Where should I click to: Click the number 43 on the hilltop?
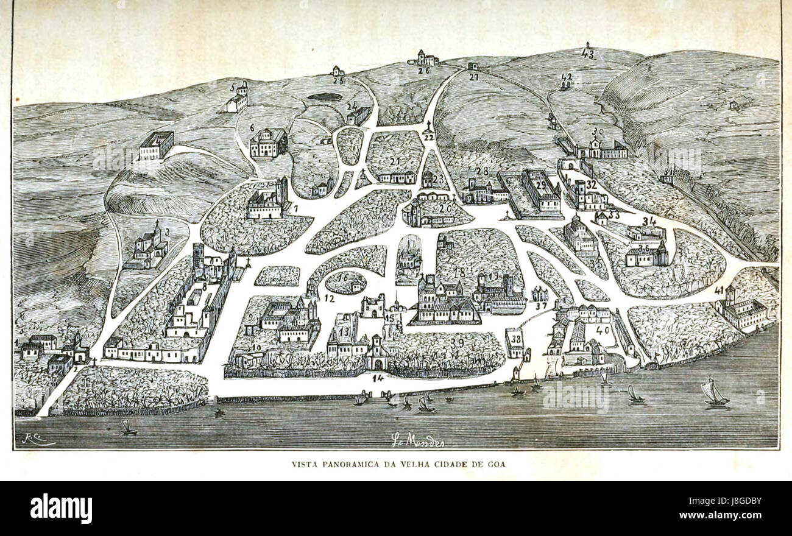click(587, 54)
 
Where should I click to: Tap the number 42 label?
click(566, 77)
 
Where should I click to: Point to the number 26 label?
click(424, 71)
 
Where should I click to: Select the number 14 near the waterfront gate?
click(378, 378)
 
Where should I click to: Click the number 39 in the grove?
click(457, 344)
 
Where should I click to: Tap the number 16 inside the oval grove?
click(343, 277)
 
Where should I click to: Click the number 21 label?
click(396, 161)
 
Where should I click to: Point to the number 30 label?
click(598, 132)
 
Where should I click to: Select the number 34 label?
click(649, 221)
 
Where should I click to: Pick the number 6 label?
click(252, 128)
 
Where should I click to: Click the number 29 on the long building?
click(542, 185)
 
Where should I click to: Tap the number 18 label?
click(459, 272)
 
